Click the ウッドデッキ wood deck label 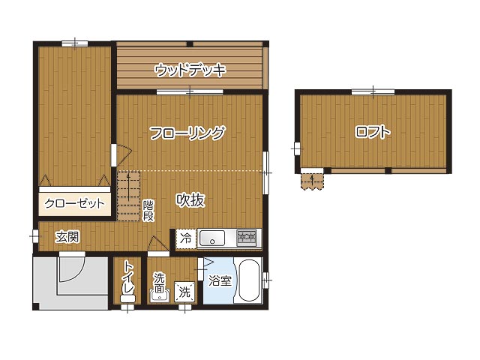pos(190,70)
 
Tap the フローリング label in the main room pos(187,133)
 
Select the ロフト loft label pos(373,132)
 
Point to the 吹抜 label pos(190,200)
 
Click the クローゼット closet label pos(74,203)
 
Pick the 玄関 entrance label pos(67,237)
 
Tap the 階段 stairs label pos(148,211)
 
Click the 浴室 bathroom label pos(220,280)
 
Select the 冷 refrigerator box pos(185,238)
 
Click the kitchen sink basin pos(212,238)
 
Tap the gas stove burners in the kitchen pos(247,237)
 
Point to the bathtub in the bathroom pos(249,280)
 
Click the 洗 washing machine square pos(184,292)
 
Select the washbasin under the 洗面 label pos(158,296)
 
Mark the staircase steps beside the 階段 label pos(128,196)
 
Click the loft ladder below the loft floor pos(312,181)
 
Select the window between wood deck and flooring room pos(190,91)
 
